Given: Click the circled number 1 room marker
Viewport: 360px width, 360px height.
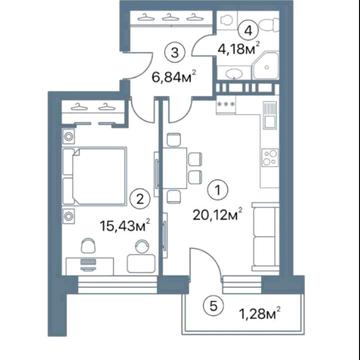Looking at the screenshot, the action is (x=217, y=191).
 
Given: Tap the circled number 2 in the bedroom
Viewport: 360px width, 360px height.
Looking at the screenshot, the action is (x=139, y=199).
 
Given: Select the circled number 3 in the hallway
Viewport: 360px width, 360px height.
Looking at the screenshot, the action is (x=176, y=52).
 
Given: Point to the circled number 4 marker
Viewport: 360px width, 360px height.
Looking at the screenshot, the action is (x=247, y=31).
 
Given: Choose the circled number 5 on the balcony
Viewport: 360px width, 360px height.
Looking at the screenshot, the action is (x=215, y=305).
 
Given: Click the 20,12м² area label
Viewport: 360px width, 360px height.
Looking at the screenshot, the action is (x=217, y=215).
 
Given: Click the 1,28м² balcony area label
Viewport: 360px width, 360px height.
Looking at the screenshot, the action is (x=258, y=314).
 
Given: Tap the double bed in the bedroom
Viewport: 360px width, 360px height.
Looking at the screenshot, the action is (x=95, y=176).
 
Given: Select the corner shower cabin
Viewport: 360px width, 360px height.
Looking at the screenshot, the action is (x=266, y=65).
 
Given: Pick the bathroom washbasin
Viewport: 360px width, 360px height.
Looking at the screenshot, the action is (x=235, y=72).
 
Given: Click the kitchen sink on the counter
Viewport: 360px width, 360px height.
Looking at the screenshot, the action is (x=270, y=115).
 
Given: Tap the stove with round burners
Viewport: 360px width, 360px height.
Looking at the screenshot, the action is (x=270, y=158).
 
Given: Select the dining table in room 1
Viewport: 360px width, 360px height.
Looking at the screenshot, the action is (x=175, y=168).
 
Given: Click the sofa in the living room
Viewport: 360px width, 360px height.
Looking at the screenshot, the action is (x=265, y=236).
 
